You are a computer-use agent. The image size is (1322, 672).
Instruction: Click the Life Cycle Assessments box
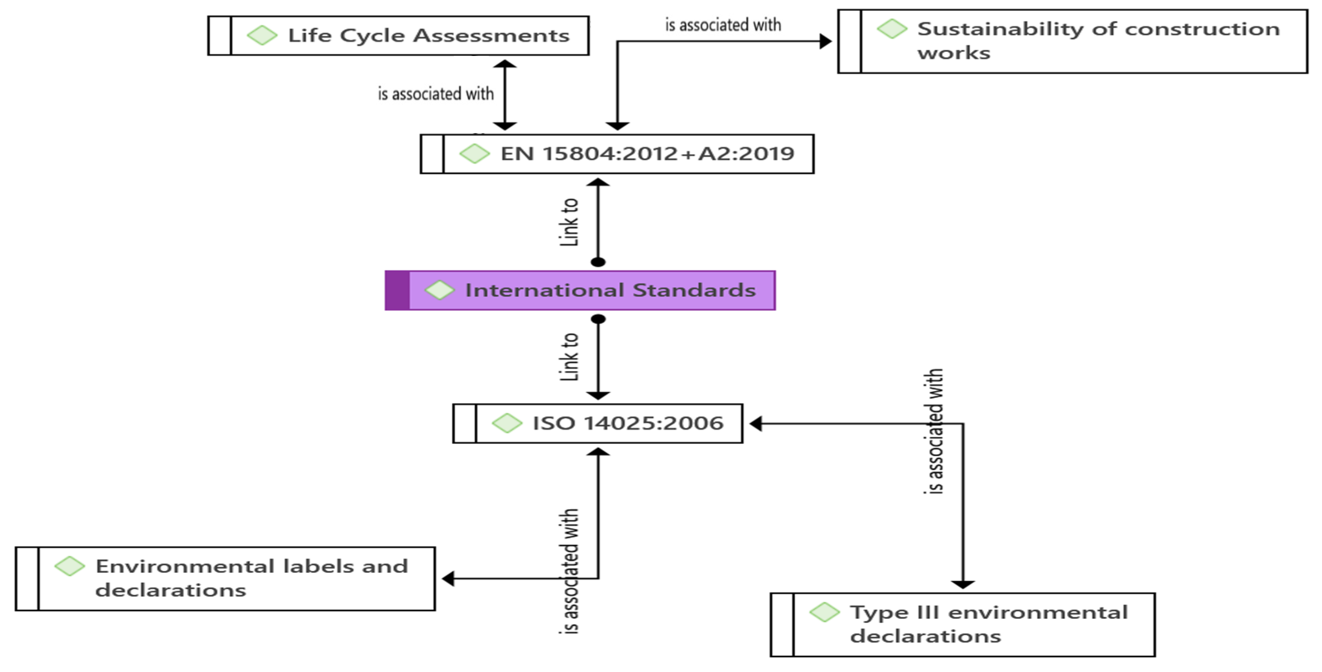coord(398,35)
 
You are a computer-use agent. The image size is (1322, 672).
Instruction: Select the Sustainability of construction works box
coord(1072,41)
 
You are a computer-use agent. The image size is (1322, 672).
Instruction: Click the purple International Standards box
coord(580,290)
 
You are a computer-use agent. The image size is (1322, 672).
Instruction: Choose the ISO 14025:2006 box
coord(597,423)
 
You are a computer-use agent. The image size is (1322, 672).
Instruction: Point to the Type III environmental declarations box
coord(963,625)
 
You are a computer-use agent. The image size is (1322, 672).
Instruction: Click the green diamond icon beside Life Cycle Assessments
coord(262,35)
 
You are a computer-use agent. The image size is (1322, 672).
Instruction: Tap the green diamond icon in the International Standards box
coord(439,290)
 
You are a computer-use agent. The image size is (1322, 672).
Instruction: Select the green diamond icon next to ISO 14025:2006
coord(507,423)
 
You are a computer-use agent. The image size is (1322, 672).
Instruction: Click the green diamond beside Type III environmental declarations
coord(824,612)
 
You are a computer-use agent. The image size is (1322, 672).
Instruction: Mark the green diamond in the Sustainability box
coord(892,29)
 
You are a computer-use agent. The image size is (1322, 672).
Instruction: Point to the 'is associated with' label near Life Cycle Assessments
coord(436,94)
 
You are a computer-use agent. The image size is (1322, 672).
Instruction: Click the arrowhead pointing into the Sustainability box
coord(826,41)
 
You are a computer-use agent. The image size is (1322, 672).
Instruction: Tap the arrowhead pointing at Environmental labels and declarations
coord(448,579)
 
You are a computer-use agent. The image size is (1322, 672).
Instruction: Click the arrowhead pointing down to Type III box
coord(963,584)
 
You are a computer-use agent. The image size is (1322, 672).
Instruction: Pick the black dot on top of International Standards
coord(598,262)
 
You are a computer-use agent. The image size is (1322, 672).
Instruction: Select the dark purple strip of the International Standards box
coord(397,290)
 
